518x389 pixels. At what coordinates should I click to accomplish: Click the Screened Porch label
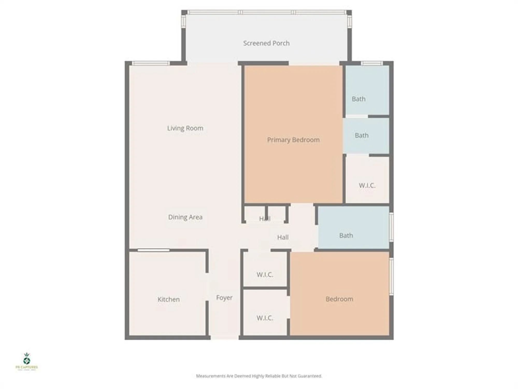click(266, 43)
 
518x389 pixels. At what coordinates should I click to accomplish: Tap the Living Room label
click(185, 128)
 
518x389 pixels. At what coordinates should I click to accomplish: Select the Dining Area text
click(185, 217)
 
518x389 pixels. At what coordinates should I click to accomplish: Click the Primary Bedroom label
click(293, 140)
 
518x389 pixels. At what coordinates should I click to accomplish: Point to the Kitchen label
click(168, 299)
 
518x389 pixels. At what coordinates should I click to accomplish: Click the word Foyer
click(224, 297)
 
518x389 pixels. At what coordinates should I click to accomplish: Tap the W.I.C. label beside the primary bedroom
click(367, 185)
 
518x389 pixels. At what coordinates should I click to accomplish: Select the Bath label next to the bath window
click(358, 99)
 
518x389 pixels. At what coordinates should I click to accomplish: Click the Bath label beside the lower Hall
click(346, 235)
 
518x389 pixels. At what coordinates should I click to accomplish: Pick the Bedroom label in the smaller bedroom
click(339, 299)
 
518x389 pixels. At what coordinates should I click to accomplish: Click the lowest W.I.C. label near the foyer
click(265, 318)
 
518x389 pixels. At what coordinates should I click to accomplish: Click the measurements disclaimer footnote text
click(259, 376)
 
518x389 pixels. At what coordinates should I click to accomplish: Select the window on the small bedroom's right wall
click(391, 276)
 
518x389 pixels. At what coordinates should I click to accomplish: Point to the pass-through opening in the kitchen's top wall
click(153, 250)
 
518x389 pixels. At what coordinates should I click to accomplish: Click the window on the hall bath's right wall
click(391, 227)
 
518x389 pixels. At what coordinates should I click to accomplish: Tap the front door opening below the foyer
click(224, 338)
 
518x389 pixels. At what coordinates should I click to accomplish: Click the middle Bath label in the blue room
click(361, 135)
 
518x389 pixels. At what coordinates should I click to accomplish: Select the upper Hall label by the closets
click(265, 219)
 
